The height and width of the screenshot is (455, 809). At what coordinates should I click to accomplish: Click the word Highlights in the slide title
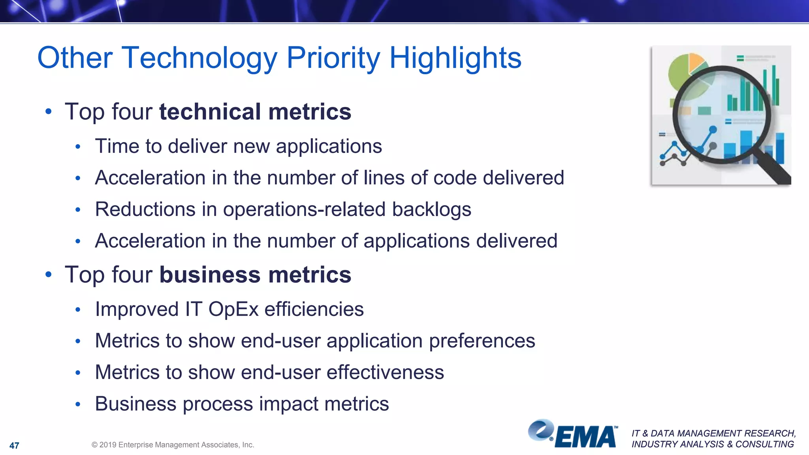pyautogui.click(x=455, y=58)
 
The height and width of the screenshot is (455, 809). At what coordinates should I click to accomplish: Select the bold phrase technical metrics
pyautogui.click(x=255, y=112)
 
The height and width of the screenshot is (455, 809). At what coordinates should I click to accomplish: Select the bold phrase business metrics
pyautogui.click(x=255, y=275)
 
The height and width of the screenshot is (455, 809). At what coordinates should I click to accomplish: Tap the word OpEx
pyautogui.click(x=233, y=309)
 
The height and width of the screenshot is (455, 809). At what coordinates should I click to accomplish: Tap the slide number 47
pyautogui.click(x=14, y=446)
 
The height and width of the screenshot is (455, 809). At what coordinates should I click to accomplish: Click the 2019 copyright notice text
pyautogui.click(x=173, y=445)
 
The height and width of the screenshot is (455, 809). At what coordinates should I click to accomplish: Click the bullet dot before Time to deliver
pyautogui.click(x=78, y=147)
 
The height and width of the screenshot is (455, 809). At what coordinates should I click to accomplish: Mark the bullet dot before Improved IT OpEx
pyautogui.click(x=78, y=310)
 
